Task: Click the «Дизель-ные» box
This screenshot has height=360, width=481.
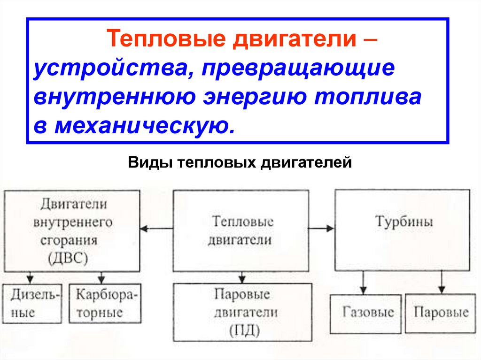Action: (x=32, y=304)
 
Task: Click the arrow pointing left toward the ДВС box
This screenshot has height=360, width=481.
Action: (x=150, y=229)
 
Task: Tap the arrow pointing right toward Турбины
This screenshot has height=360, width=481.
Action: (x=324, y=229)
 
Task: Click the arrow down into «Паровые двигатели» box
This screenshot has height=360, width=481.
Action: (x=241, y=276)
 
